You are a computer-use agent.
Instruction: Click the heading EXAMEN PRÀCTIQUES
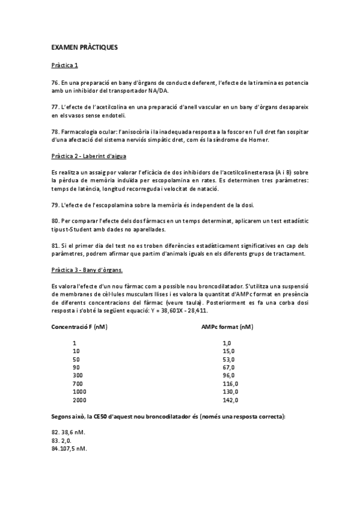point(84,46)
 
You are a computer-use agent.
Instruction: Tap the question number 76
point(55,82)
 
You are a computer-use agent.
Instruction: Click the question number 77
point(55,106)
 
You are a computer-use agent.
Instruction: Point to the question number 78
point(55,131)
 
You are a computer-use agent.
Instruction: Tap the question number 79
point(55,204)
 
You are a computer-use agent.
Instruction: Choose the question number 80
point(55,220)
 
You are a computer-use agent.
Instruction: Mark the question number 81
point(55,245)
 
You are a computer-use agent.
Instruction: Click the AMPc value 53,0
point(228,358)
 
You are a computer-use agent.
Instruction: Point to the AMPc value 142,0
point(230,399)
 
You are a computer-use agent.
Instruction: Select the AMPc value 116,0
point(230,383)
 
